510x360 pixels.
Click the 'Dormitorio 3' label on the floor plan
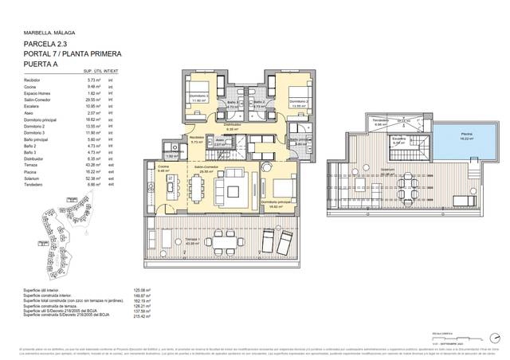[x=197, y=96]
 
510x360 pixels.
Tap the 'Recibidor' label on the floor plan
[x=196, y=140]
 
